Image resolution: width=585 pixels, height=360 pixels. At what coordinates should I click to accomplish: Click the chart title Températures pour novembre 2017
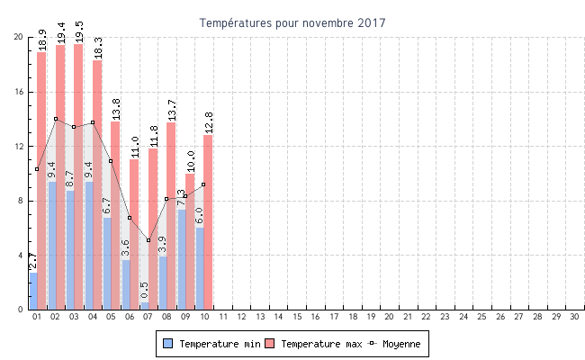(x=292, y=22)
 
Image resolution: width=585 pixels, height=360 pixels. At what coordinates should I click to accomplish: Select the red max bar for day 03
(x=78, y=180)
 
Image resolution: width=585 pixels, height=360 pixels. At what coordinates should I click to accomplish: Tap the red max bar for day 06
(x=134, y=234)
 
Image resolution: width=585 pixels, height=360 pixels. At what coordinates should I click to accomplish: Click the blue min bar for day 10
(x=200, y=270)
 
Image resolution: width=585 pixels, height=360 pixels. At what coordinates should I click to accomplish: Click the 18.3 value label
(x=97, y=48)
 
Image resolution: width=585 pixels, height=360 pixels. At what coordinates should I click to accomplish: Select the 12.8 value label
(x=208, y=122)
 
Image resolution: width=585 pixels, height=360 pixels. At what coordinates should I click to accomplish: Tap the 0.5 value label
(x=144, y=290)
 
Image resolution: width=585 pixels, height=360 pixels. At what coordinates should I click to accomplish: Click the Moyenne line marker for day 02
(x=56, y=119)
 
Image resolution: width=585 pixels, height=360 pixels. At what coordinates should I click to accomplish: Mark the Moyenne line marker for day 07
(x=148, y=240)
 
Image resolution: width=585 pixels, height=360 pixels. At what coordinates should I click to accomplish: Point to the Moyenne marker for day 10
(x=203, y=184)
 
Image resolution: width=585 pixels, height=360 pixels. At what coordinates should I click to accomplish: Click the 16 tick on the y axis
(x=18, y=92)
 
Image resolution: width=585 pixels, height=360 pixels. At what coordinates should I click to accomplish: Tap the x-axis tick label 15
(x=297, y=317)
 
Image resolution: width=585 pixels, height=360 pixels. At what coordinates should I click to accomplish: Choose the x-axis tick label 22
(x=427, y=317)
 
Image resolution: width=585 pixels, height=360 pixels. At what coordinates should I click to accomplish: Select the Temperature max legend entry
(x=314, y=344)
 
